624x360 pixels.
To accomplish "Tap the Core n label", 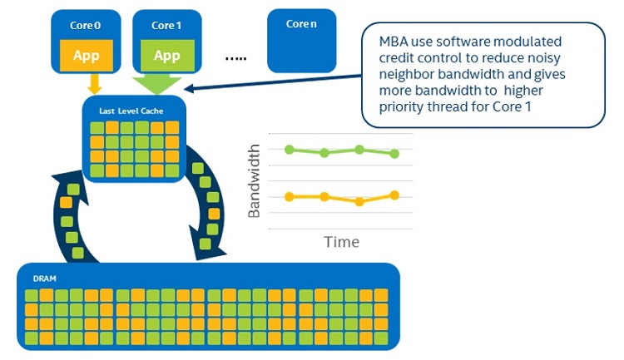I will tap(301, 25).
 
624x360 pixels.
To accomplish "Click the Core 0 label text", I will tap(86, 26).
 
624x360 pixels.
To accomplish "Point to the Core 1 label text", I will tap(166, 26).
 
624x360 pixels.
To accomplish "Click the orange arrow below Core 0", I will tap(94, 83).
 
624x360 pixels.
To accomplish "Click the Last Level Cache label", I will tap(128, 110).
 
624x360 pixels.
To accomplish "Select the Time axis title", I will tap(341, 242).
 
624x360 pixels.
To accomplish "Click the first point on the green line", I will tap(289, 150).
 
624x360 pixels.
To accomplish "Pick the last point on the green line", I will tap(394, 153).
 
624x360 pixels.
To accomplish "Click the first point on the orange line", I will tap(289, 197).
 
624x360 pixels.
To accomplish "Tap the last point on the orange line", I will tap(394, 195).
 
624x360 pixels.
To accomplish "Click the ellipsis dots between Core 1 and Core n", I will tap(236, 58).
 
